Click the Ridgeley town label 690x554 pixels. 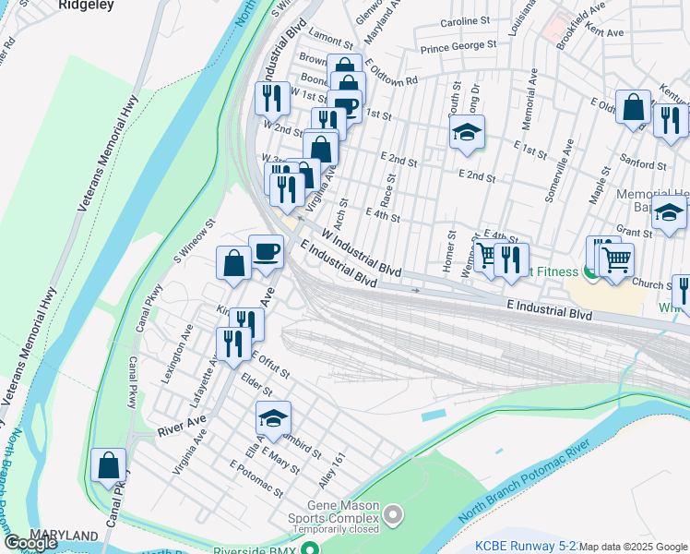tap(85, 5)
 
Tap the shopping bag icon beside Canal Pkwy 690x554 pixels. tap(109, 466)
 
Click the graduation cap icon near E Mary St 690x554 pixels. tap(272, 419)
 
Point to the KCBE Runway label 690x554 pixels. tap(522, 546)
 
